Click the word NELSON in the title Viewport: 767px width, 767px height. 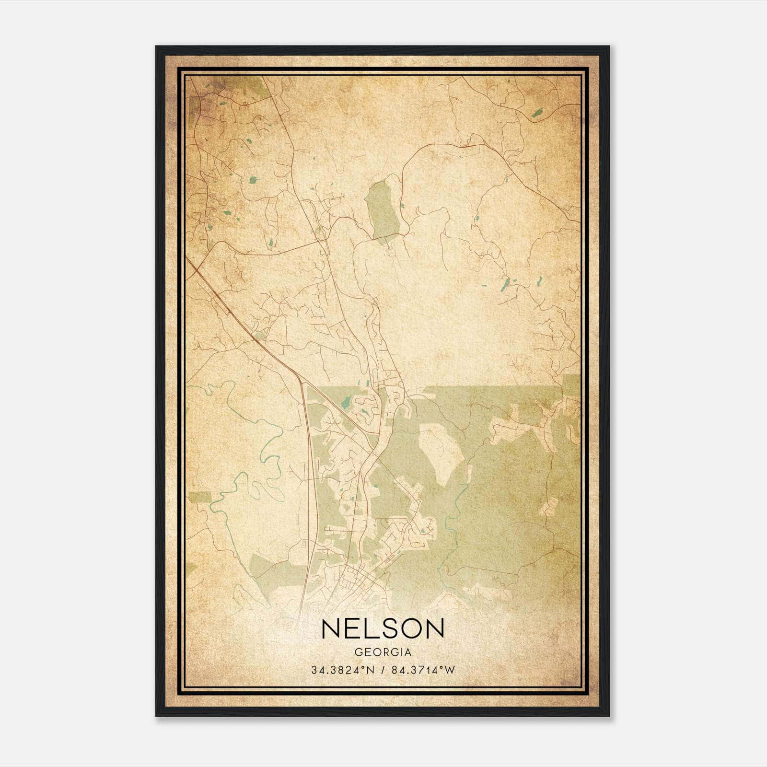383,628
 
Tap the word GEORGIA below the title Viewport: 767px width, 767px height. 383,652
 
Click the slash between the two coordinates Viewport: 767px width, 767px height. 383,670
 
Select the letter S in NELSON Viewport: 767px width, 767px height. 384,628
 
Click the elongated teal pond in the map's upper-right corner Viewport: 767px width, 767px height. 537,113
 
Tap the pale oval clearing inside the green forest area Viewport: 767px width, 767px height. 441,451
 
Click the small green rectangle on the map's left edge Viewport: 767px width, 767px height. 198,497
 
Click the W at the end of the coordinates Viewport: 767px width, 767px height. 450,670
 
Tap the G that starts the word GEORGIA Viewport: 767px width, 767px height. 358,652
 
